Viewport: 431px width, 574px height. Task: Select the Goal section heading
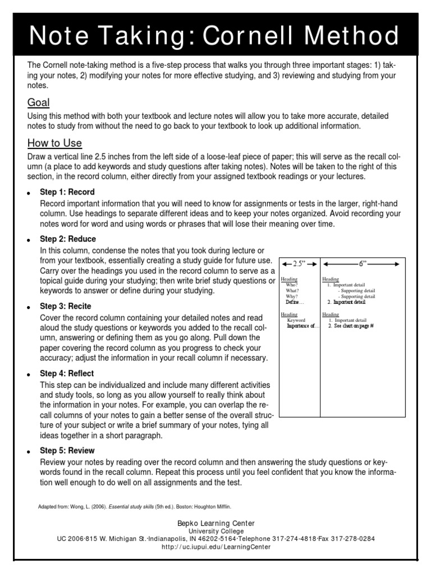tap(39, 103)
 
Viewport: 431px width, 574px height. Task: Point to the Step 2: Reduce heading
tap(68, 239)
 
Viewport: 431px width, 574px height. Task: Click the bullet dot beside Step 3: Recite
tap(28, 308)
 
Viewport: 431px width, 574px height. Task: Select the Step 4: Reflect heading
tap(67, 374)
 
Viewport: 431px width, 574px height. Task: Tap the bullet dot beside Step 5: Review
tap(28, 452)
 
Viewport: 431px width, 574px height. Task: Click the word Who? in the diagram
tap(292, 285)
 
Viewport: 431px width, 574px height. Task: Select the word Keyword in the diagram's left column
tap(296, 320)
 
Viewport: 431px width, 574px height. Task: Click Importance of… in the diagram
tap(302, 326)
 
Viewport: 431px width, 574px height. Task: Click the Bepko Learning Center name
tap(215, 523)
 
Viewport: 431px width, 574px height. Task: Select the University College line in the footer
tap(215, 531)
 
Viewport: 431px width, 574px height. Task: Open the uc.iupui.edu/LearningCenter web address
tap(215, 547)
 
